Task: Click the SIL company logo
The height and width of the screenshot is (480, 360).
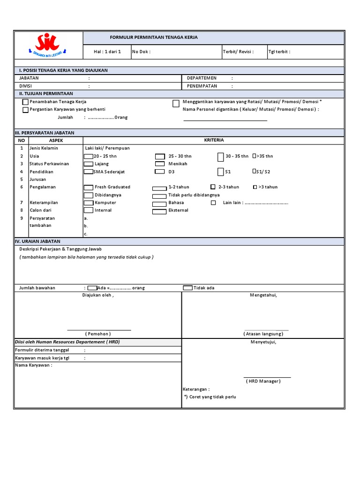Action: (48, 45)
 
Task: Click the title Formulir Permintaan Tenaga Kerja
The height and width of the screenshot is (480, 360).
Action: (153, 37)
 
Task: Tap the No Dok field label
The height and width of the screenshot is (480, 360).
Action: (141, 52)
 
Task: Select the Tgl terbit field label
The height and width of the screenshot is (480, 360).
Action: (279, 52)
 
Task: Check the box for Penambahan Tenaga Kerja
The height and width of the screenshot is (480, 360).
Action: (25, 102)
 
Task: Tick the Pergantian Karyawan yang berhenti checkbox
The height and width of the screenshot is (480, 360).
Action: (25, 110)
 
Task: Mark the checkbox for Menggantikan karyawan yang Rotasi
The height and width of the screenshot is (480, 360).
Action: (176, 104)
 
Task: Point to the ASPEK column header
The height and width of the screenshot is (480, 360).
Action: (56, 140)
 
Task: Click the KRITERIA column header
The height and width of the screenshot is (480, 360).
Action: (214, 140)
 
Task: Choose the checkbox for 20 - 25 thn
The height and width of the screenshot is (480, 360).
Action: (88, 156)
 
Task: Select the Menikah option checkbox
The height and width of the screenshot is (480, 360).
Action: (160, 164)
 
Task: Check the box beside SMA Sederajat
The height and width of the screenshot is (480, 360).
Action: (88, 172)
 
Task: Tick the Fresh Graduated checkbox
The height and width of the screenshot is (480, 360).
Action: (88, 187)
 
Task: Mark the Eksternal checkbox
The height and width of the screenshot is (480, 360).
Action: (160, 211)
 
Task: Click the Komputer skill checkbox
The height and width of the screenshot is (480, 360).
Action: (88, 203)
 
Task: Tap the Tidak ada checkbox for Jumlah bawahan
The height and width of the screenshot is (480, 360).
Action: (187, 288)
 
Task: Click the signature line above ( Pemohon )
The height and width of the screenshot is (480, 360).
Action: (99, 330)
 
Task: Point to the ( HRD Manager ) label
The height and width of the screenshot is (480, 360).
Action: (263, 381)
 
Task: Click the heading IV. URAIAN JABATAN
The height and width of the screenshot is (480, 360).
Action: (40, 241)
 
